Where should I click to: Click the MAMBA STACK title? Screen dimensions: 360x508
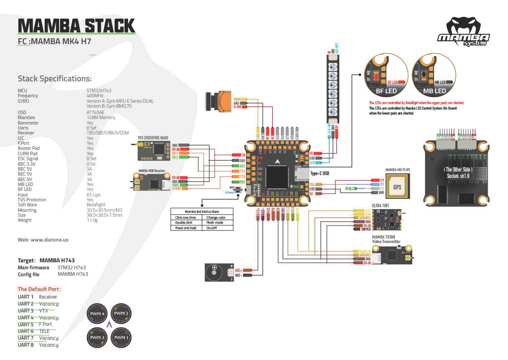pos(76,25)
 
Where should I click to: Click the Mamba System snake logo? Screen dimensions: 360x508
pos(463,31)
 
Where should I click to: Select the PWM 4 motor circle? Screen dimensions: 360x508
pos(98,314)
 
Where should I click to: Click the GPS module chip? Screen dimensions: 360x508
pos(397,188)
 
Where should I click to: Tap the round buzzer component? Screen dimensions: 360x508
pos(214,272)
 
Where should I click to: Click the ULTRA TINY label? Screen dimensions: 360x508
pos(380,204)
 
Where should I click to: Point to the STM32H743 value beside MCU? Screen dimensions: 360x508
pos(99,90)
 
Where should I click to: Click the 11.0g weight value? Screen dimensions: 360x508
pos(93,220)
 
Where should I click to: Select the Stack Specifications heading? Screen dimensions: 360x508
pos(54,78)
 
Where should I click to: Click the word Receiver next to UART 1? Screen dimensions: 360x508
pos(48,297)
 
